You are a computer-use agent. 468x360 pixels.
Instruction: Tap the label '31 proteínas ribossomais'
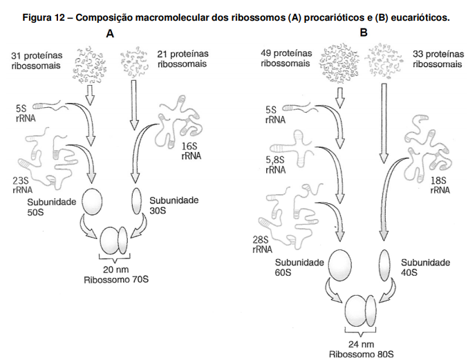(x=37, y=59)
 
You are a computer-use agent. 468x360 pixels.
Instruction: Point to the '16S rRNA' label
(x=191, y=151)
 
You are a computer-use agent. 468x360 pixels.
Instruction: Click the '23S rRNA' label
(x=23, y=186)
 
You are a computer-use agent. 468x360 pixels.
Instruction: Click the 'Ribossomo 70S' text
(x=117, y=280)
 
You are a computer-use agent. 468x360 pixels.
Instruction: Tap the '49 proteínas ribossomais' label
(x=286, y=57)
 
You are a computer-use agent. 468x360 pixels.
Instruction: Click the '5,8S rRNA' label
(x=274, y=164)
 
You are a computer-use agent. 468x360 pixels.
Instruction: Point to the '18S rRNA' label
(x=440, y=185)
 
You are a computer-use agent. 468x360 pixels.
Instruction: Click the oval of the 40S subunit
(x=385, y=266)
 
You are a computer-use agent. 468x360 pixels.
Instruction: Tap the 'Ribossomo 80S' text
(x=362, y=353)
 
